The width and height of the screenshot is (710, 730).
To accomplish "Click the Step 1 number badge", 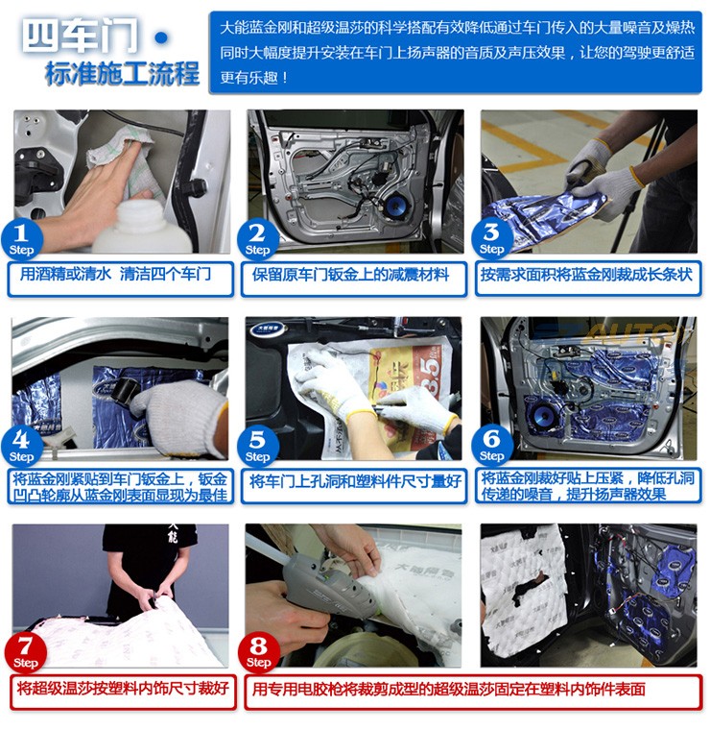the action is click(x=22, y=240).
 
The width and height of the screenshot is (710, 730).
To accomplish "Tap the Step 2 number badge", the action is click(x=257, y=239).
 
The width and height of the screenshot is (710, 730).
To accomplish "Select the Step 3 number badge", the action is click(x=491, y=239).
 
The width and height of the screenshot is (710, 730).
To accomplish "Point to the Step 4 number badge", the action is click(x=22, y=447).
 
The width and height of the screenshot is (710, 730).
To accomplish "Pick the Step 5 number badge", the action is click(x=257, y=446).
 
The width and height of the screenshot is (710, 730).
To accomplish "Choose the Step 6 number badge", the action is click(x=491, y=446).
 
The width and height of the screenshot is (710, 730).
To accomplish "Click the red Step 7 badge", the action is click(x=26, y=652).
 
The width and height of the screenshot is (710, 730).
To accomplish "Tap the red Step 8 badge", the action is click(x=258, y=653).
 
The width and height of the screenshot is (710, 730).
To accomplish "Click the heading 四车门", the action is click(x=80, y=36).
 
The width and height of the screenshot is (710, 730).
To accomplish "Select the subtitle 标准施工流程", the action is click(x=122, y=74).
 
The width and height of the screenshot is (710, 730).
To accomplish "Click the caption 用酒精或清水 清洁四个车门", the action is click(x=115, y=274).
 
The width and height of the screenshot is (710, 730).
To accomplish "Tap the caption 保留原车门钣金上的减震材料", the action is click(x=350, y=275).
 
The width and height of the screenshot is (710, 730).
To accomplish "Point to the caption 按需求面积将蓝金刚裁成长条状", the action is click(x=586, y=274).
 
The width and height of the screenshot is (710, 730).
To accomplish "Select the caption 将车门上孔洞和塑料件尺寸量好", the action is click(x=355, y=481).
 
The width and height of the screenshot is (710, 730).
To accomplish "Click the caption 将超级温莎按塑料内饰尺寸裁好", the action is click(x=123, y=688).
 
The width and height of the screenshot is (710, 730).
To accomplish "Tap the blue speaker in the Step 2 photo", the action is click(x=394, y=206).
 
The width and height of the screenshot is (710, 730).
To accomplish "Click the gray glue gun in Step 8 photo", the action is click(x=320, y=586).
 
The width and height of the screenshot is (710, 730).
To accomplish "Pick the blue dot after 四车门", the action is click(x=161, y=37).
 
